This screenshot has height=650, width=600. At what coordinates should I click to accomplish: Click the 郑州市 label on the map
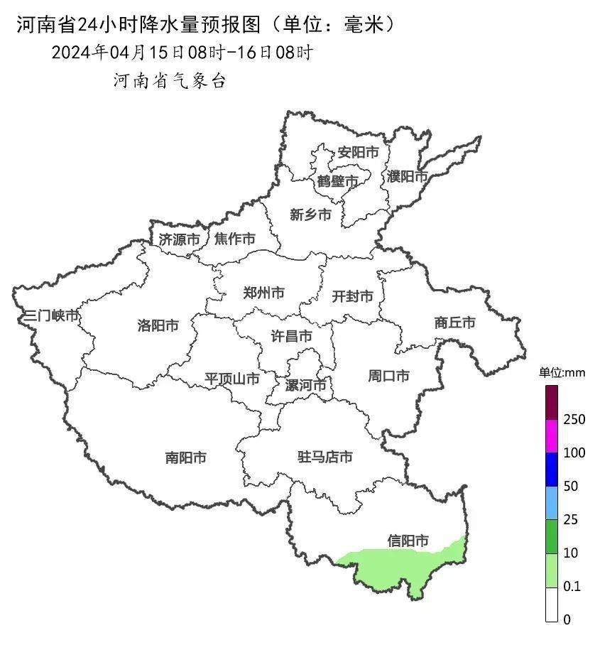tap(263, 293)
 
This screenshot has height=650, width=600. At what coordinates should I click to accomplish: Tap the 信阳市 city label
tap(408, 541)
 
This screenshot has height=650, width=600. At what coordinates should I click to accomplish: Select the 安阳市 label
tap(358, 152)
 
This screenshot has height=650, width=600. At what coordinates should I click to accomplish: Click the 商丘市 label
tap(454, 323)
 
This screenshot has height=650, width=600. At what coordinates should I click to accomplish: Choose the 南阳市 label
tap(186, 458)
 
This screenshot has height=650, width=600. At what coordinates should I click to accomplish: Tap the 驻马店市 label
tap(324, 457)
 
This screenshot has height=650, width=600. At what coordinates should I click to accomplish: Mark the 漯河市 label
tap(305, 386)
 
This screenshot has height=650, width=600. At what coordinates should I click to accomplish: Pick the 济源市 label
tap(179, 239)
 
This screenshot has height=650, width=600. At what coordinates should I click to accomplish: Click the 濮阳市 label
tap(408, 175)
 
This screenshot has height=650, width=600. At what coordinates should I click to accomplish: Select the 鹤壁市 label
tap(338, 182)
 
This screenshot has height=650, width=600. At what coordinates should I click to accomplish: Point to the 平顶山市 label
tap(232, 379)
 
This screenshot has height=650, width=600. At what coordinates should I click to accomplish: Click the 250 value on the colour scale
tap(574, 420)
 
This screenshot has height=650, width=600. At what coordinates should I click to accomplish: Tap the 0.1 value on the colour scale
tap(572, 587)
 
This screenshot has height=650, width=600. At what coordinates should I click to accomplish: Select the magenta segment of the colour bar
tap(552, 435)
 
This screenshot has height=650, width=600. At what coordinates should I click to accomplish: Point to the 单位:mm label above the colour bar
tap(561, 372)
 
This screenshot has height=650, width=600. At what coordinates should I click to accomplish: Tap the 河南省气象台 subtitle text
tap(170, 81)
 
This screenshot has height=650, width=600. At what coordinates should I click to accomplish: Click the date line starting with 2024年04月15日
tap(182, 53)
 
